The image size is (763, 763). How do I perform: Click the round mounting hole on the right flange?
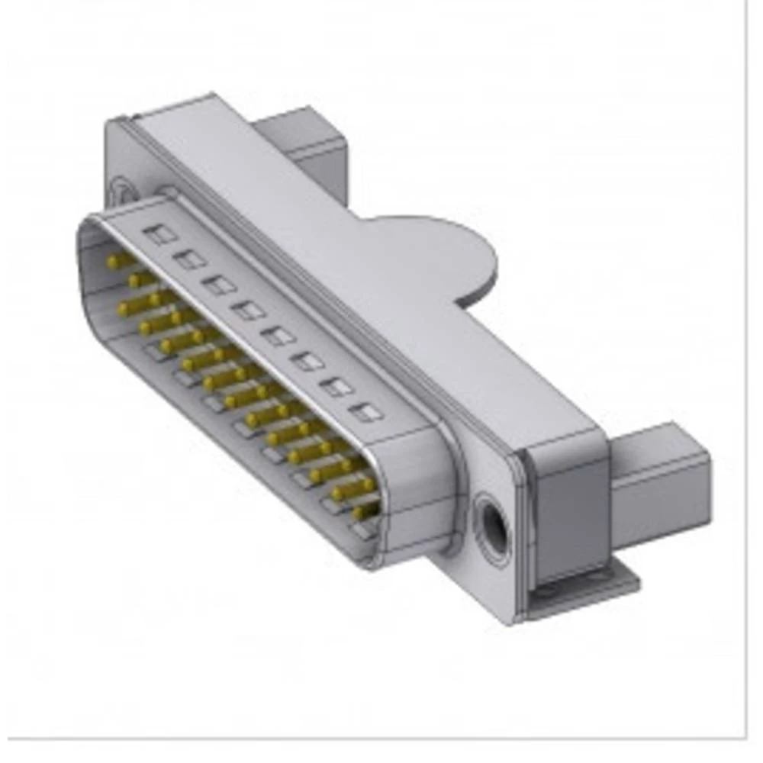pos(491,520)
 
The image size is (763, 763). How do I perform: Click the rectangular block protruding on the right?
pos(660,481)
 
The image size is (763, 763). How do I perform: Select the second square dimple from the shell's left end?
pos(189,259)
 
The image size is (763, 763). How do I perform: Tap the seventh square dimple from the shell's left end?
pos(336,386)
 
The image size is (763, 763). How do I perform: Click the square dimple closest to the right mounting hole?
pos(367,412)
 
